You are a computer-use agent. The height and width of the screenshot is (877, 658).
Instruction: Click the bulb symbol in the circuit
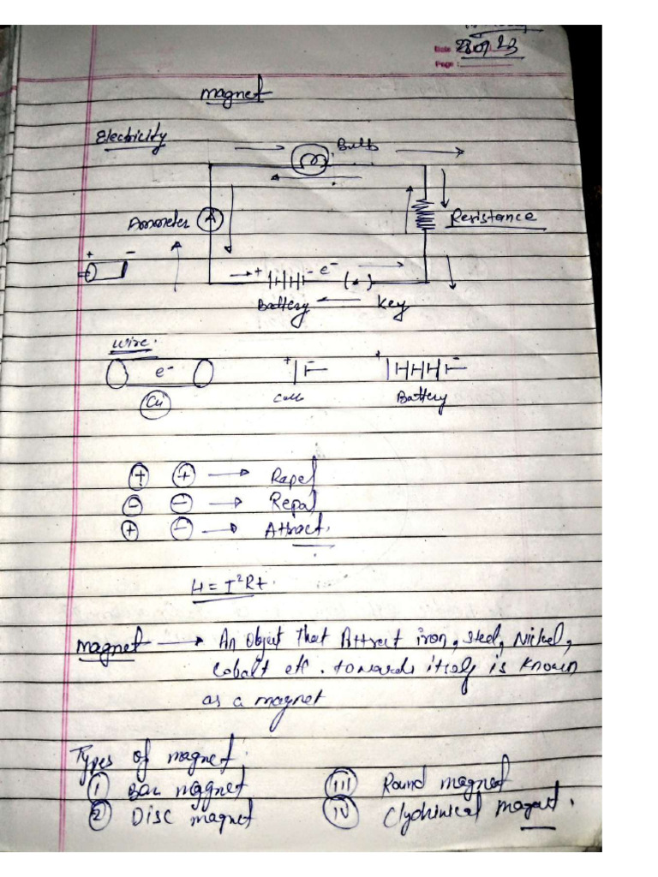click(308, 160)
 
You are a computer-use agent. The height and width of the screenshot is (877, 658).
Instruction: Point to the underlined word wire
click(131, 344)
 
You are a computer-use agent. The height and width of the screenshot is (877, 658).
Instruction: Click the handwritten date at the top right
click(490, 50)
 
